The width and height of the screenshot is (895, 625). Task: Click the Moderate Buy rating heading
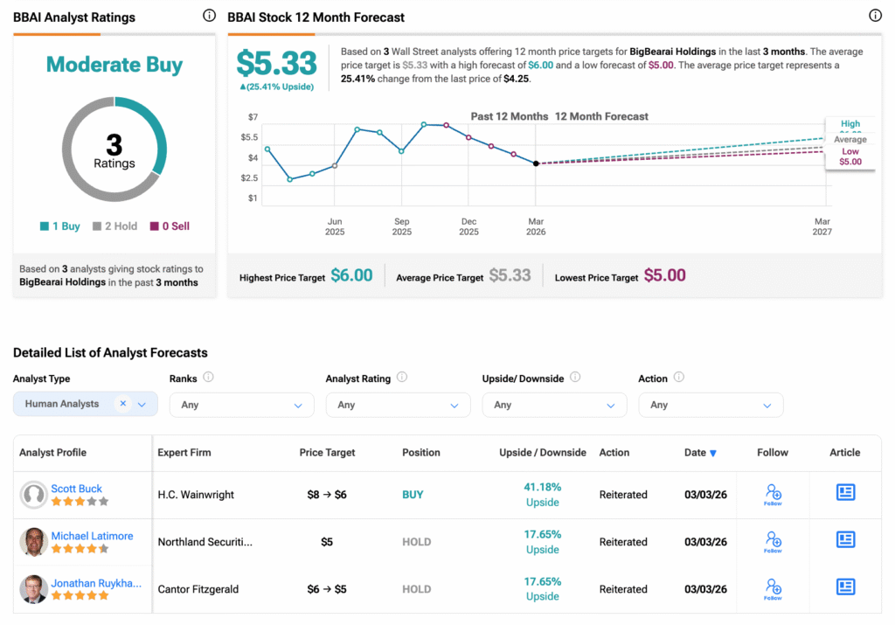point(114,65)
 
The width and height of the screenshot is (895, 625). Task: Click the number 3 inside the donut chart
point(114,144)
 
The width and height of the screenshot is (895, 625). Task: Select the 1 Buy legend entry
point(60,226)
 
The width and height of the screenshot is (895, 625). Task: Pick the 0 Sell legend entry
point(170,226)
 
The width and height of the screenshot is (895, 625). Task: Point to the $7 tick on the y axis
point(253,117)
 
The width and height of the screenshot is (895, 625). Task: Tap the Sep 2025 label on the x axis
point(401,226)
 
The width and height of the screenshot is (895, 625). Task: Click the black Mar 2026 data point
point(536,163)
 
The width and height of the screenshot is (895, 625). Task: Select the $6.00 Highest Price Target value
point(351,275)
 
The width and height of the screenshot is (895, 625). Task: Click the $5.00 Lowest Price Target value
point(664,275)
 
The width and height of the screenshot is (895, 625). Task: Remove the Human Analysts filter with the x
point(123,404)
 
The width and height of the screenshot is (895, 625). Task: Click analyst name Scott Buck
point(77,489)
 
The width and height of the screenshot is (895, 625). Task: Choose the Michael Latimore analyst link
point(92,536)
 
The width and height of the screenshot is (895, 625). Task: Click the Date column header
point(700,453)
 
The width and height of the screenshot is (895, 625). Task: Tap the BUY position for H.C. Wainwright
point(413,495)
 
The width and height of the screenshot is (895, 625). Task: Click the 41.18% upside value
point(543,487)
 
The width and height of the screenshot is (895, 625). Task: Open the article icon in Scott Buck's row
point(845,493)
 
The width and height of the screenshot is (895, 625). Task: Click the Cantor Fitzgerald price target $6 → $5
point(327,589)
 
